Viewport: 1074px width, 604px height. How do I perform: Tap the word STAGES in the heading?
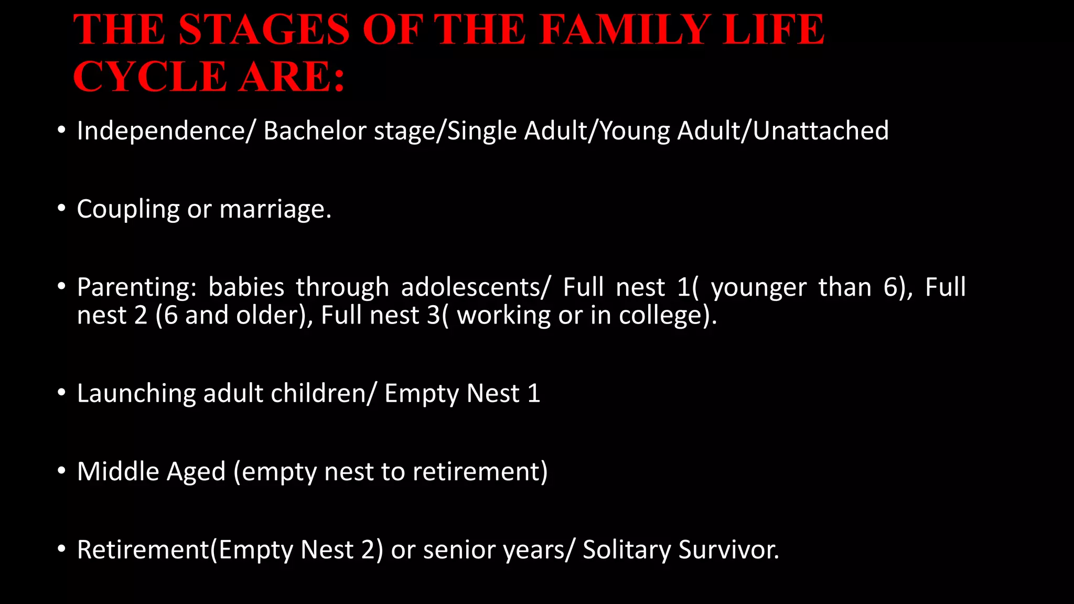[x=264, y=29]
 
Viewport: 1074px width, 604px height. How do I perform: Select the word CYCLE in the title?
[x=149, y=77]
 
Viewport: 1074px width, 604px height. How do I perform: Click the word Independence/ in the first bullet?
[x=165, y=131]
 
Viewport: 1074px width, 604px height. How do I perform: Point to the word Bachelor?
[x=315, y=131]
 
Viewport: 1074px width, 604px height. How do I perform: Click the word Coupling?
[x=128, y=209]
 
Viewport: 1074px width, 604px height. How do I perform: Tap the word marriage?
[x=275, y=209]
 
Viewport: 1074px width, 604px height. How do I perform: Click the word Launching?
[x=136, y=394]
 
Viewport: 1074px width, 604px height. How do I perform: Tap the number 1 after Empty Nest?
[x=534, y=393]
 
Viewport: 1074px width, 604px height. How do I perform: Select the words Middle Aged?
[x=151, y=471]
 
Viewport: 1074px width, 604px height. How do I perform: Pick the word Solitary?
[x=627, y=550]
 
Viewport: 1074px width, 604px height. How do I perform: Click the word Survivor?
[x=728, y=549]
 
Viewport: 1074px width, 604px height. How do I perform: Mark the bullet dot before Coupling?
[x=62, y=209]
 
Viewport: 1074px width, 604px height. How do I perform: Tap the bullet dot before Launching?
[x=62, y=393]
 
